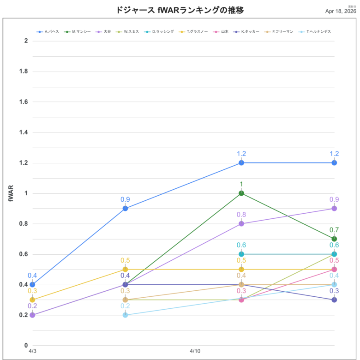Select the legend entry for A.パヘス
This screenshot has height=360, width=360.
(51, 32)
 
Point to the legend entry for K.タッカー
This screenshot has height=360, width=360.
(249, 32)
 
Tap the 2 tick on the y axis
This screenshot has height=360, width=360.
(26, 41)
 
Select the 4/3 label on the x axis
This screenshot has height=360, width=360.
(32, 352)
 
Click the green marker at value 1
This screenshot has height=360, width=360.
(241, 193)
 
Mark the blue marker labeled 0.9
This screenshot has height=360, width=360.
(125, 208)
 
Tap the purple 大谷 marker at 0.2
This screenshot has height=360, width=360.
(32, 315)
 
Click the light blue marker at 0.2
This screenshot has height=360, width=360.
(125, 315)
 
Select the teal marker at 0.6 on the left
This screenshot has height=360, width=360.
(241, 254)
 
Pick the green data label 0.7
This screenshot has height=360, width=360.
(334, 230)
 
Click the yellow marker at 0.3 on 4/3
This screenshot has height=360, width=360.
(32, 300)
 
